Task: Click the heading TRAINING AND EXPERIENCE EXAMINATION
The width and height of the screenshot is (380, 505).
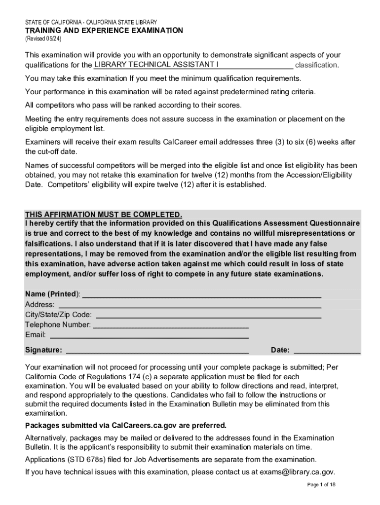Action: coord(104,31)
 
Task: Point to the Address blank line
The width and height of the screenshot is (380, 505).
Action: coord(188,305)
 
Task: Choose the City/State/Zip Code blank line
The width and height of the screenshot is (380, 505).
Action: coord(208,315)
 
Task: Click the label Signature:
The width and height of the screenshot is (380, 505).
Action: coord(44,350)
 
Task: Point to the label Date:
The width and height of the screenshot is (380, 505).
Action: coord(280,350)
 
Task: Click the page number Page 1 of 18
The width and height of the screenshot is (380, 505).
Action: coord(321,485)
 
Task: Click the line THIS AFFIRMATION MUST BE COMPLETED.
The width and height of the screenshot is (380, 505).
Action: coord(104,215)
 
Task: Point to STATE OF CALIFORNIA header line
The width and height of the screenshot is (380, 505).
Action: coord(91,22)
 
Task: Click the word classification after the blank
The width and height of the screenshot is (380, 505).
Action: coord(316,65)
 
